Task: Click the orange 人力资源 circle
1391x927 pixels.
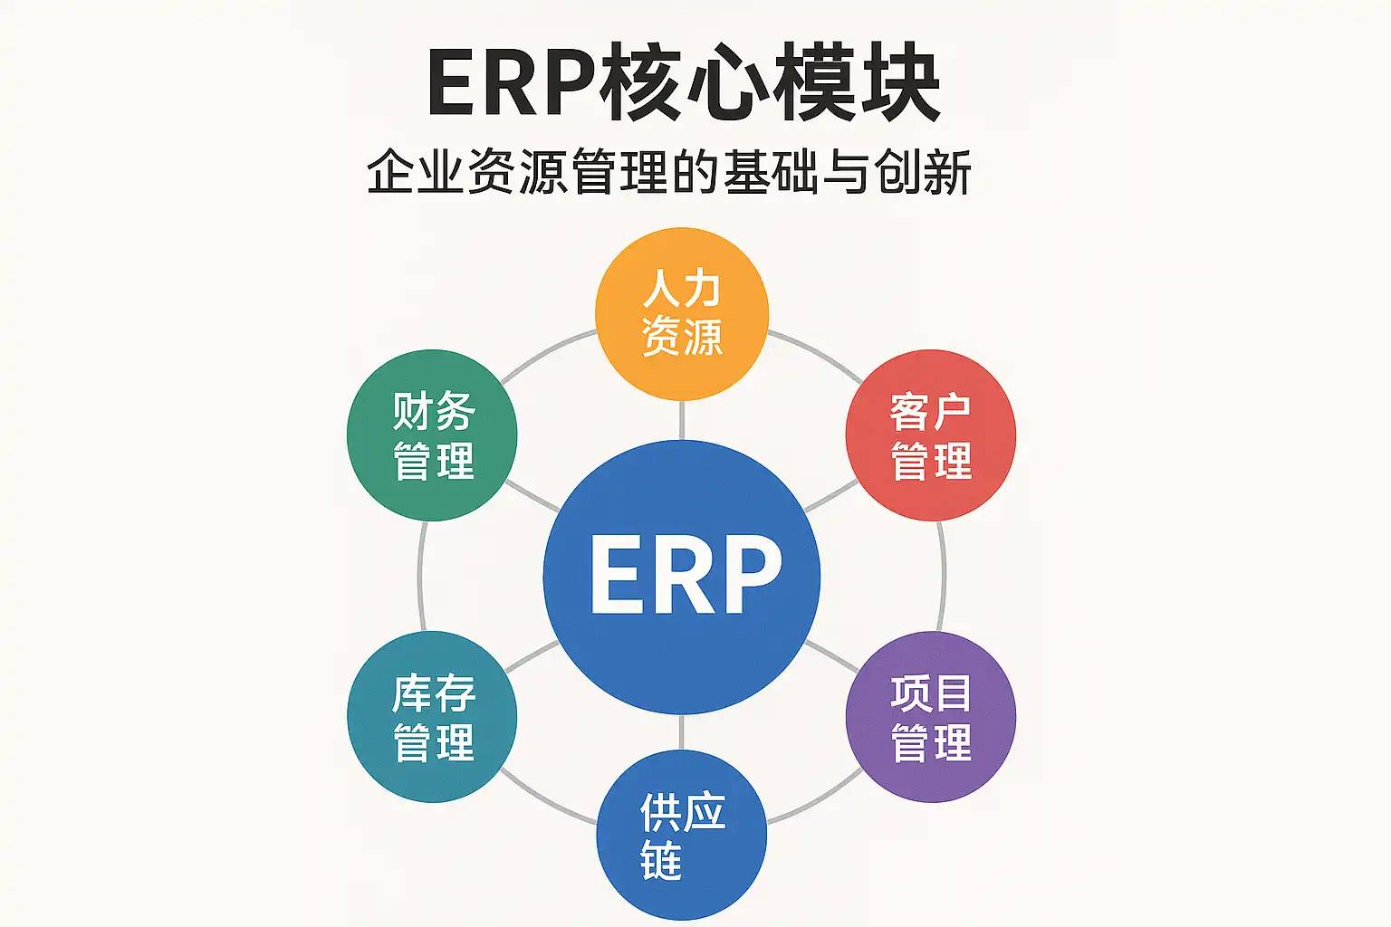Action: pos(682,313)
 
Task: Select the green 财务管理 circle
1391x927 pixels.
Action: pos(432,435)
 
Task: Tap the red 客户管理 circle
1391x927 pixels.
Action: pos(931,435)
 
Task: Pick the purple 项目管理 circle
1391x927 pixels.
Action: pos(931,717)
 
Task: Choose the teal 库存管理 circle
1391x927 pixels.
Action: pos(432,717)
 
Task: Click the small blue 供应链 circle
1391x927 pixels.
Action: pos(682,835)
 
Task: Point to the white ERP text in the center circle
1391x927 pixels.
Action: pos(686,575)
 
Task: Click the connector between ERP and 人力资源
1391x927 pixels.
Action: pos(682,420)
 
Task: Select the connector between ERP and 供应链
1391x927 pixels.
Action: pos(682,732)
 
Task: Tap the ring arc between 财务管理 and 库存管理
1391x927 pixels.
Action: pos(420,576)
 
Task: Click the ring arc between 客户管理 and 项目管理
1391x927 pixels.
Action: pos(944,576)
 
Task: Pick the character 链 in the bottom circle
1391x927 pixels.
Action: pos(661,861)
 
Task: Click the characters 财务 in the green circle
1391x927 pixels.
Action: pos(434,410)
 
